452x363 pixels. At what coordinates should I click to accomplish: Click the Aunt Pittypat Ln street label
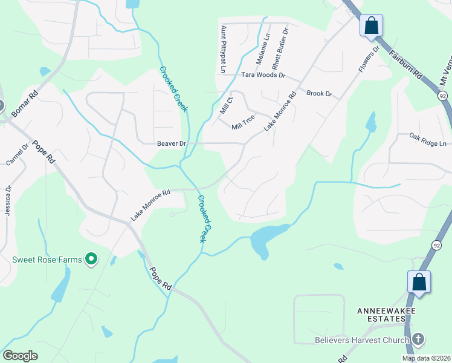point(223,49)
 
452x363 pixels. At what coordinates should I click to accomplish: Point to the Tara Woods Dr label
point(263,75)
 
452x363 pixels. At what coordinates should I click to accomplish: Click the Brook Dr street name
point(319,94)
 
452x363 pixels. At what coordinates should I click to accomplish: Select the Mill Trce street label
point(244,126)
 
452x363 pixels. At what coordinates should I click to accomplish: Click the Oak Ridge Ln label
point(427,143)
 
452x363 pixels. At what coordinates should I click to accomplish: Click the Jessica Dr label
point(8,199)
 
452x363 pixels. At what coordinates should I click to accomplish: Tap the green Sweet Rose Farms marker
point(91,260)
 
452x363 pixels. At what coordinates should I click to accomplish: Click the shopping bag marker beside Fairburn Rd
point(371,26)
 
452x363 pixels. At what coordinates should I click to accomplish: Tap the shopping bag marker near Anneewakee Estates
point(419,281)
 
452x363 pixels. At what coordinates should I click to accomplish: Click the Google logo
point(20,356)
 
